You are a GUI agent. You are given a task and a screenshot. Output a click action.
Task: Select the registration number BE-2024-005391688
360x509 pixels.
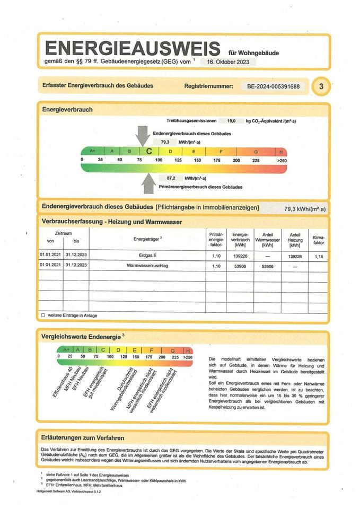[x=274, y=86]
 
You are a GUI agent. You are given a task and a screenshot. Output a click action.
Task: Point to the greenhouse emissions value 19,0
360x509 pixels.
[x=232, y=121]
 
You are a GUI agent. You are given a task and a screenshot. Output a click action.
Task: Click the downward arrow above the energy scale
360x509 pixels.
[x=142, y=136]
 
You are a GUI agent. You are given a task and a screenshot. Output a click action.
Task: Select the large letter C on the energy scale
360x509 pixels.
[x=149, y=151]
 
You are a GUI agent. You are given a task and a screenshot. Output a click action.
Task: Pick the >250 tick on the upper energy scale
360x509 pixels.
[x=282, y=160]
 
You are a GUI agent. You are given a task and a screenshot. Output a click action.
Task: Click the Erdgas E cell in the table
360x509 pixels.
[x=147, y=256]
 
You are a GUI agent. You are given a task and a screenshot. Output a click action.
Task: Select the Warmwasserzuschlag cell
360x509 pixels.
[x=147, y=266]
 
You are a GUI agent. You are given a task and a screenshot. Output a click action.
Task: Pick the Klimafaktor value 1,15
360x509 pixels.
[x=319, y=256]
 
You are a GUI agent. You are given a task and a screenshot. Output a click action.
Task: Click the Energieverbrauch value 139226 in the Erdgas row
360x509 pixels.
[x=240, y=256]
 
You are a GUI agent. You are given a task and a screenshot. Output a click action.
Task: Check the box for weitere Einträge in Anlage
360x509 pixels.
[x=43, y=315]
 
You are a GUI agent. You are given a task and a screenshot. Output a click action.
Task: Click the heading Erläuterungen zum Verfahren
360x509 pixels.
[x=83, y=437]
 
